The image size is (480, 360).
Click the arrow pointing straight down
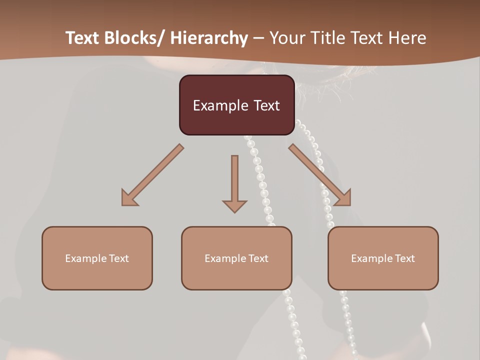tap(234, 182)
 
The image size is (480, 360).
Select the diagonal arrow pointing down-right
tap(320, 175)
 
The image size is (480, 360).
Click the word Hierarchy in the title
tap(208, 38)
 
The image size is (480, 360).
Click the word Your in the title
tap(286, 38)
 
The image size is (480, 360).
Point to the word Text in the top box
tap(266, 105)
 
